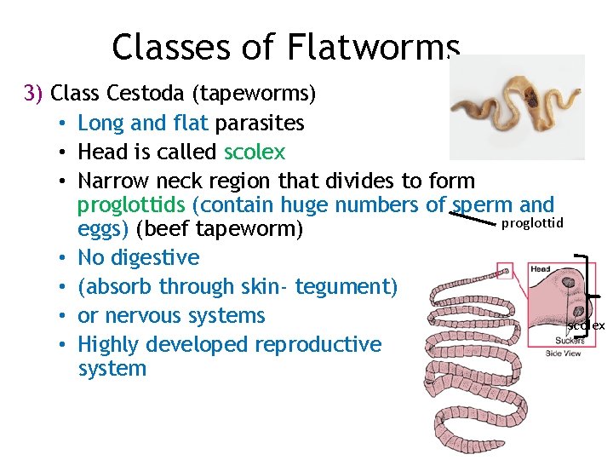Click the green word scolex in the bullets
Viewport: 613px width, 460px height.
pyautogui.click(x=255, y=152)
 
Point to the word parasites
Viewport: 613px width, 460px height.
pyautogui.click(x=259, y=123)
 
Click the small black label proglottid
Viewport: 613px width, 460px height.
pyautogui.click(x=532, y=223)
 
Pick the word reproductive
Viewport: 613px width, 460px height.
pyautogui.click(x=323, y=344)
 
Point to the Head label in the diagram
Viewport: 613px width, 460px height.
pyautogui.click(x=541, y=269)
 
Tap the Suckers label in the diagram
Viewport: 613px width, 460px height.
pyautogui.click(x=563, y=338)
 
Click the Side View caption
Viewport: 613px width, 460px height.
pyautogui.click(x=563, y=352)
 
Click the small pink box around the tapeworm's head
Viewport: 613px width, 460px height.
pyautogui.click(x=505, y=271)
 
